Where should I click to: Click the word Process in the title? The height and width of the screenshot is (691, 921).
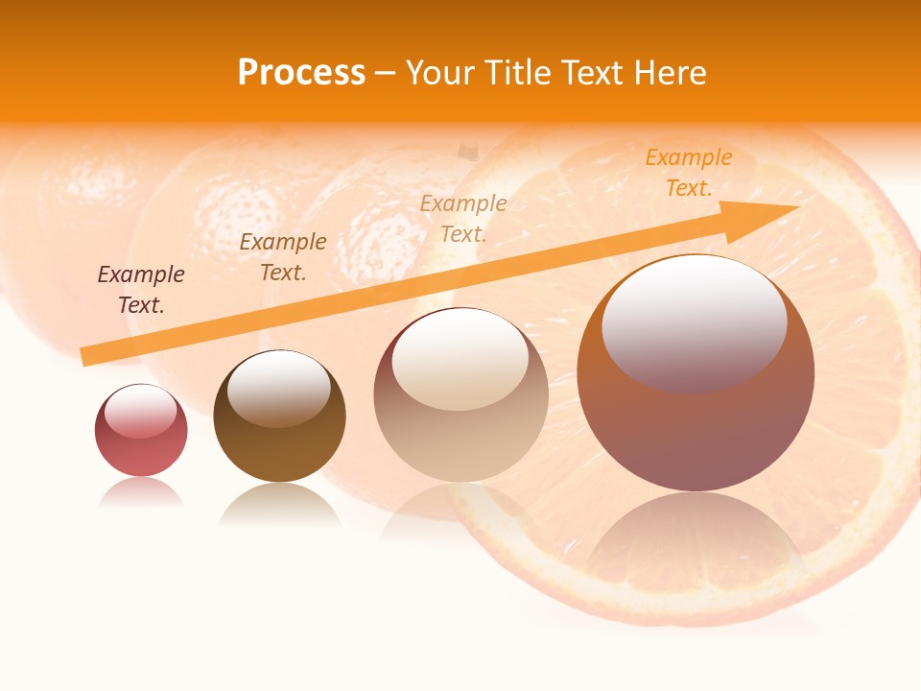(x=301, y=73)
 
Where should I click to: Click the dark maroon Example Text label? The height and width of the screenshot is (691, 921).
(x=141, y=290)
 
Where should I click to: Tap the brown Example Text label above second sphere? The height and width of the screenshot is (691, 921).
(x=283, y=257)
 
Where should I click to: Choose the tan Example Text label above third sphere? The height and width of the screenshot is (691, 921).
(x=463, y=218)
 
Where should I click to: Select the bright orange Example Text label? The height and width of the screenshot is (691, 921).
(x=688, y=173)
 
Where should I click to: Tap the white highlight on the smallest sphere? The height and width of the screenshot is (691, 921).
(x=140, y=410)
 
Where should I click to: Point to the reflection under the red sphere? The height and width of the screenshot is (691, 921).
(x=141, y=493)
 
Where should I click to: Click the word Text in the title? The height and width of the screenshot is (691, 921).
(x=595, y=73)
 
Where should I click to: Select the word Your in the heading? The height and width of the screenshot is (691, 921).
(x=440, y=73)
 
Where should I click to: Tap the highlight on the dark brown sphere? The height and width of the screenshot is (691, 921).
(x=279, y=387)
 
